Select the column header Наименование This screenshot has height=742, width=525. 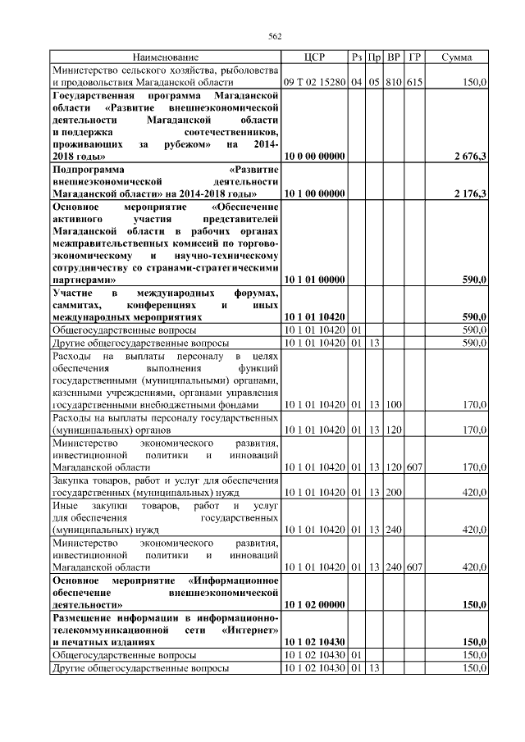coord(166,57)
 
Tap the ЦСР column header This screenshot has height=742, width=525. coord(314,57)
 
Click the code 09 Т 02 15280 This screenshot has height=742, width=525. coord(314,82)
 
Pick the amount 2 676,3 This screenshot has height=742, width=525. coord(469,155)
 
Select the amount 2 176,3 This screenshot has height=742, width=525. coord(469,193)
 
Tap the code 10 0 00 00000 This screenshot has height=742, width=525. coord(314,155)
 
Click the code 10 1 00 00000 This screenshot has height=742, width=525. coord(314,193)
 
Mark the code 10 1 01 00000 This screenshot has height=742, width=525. coord(314,280)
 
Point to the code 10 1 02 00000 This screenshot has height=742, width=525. coord(314,604)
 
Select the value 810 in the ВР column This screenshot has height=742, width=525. coord(394,82)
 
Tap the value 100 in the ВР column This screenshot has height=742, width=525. coord(394,404)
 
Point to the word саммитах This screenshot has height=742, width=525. coord(79,304)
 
